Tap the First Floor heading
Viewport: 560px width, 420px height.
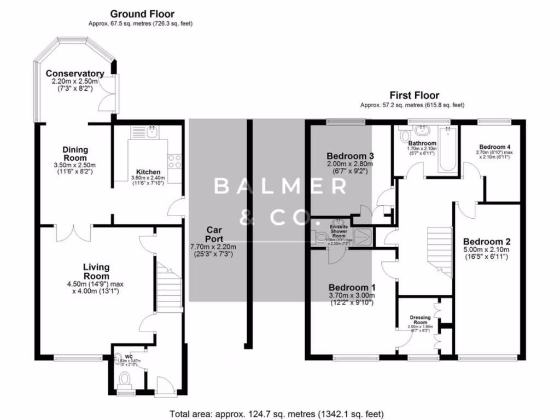click(414, 95)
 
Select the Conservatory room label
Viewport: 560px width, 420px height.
click(75, 74)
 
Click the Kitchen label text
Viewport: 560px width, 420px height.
click(148, 172)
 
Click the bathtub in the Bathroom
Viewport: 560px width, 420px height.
click(447, 148)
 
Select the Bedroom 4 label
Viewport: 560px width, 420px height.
click(495, 147)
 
